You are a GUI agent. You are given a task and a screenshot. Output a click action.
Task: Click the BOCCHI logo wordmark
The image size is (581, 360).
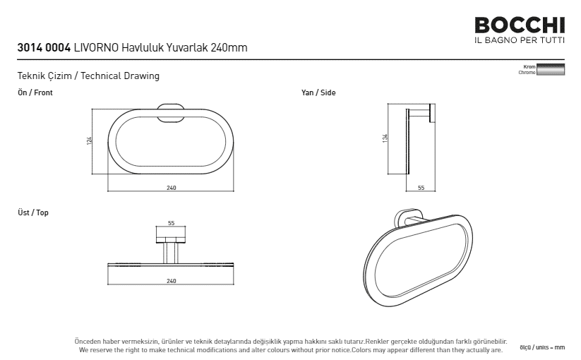click(520, 25)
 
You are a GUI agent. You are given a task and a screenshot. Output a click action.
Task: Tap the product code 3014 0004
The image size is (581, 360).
click(44, 48)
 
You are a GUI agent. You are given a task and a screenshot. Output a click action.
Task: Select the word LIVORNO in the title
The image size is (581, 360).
click(96, 48)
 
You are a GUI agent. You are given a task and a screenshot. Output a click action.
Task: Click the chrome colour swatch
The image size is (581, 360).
click(551, 70)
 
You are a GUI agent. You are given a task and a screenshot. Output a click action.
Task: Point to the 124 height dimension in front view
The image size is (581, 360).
click(89, 140)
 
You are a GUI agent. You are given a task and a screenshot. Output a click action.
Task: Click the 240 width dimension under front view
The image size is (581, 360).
click(171, 188)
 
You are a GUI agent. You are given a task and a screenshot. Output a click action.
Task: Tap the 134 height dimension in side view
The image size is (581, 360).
click(385, 138)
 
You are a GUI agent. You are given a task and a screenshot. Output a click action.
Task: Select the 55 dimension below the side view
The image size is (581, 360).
click(421, 188)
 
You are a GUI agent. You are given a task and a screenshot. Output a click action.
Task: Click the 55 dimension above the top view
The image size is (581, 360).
click(171, 223)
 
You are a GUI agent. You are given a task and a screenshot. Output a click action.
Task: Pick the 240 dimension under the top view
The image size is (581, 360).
click(171, 281)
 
